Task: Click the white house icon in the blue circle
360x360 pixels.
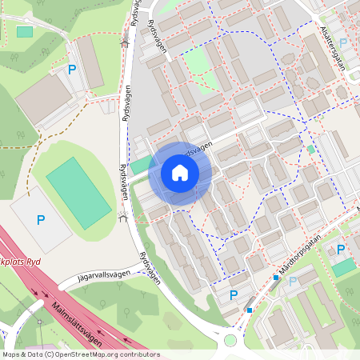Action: (x=180, y=172)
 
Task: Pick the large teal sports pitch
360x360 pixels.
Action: (x=78, y=194)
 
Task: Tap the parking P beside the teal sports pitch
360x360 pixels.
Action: (x=41, y=219)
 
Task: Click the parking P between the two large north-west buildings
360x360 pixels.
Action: (x=72, y=70)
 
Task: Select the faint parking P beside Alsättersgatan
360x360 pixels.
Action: (x=344, y=42)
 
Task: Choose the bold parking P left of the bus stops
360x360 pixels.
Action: (x=234, y=295)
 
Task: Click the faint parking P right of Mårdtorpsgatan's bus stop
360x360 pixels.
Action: (x=292, y=281)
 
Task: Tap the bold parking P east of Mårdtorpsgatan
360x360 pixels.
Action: (x=340, y=250)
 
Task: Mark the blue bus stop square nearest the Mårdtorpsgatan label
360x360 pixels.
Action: (x=276, y=278)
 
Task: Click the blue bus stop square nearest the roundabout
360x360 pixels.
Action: (x=250, y=310)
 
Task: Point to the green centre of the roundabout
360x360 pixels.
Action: (x=230, y=340)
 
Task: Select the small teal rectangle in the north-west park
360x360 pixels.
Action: (x=25, y=31)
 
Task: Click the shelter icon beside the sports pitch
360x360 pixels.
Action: (x=123, y=217)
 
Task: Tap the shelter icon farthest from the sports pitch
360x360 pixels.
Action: (x=124, y=43)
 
